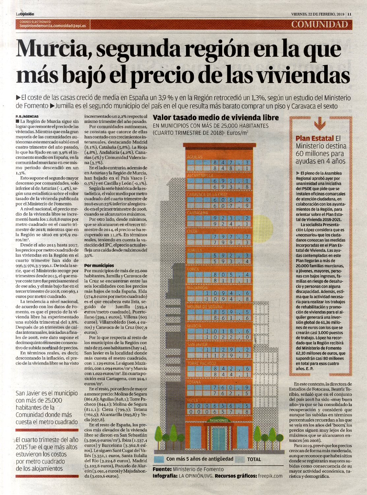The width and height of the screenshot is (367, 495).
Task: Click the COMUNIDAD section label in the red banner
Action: click(x=319, y=24)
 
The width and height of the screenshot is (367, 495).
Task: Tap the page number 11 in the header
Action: click(x=349, y=14)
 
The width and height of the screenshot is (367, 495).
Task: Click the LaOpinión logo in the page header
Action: click(x=25, y=14)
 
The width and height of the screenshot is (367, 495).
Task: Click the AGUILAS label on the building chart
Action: click(x=195, y=157)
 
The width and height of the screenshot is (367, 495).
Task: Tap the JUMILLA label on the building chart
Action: click(x=195, y=250)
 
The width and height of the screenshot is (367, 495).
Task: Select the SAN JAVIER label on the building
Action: click(x=197, y=344)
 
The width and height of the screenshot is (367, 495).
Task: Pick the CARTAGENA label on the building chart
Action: click(x=198, y=213)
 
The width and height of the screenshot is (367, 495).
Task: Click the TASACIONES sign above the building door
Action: click(x=219, y=421)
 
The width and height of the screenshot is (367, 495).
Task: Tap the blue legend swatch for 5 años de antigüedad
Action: click(x=159, y=459)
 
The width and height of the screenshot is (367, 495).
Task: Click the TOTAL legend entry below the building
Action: click(x=254, y=459)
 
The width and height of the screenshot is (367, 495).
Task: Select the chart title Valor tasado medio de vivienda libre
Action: click(x=216, y=118)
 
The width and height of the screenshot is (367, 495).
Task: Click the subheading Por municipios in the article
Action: click(x=99, y=265)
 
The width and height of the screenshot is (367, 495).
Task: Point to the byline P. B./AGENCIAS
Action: click(x=27, y=117)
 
